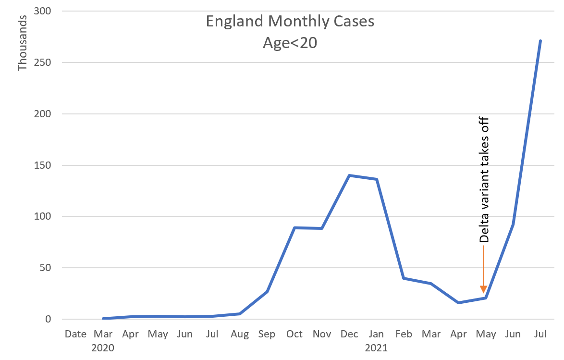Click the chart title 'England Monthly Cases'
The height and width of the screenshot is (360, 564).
(x=290, y=22)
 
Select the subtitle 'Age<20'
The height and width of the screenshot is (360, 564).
(x=290, y=43)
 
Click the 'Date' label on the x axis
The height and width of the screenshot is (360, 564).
(x=75, y=334)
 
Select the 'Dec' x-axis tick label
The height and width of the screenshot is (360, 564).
(x=349, y=334)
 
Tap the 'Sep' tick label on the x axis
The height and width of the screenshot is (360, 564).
(x=267, y=334)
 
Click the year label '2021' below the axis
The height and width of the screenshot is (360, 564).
(x=376, y=347)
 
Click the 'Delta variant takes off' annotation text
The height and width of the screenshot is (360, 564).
(x=484, y=179)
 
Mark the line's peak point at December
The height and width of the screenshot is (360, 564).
(x=349, y=175)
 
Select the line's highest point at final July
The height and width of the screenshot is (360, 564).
(x=540, y=41)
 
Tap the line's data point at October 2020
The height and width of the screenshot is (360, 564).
(x=294, y=228)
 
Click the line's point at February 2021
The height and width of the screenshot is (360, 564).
(x=404, y=278)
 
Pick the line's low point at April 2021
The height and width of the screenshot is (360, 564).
(x=458, y=303)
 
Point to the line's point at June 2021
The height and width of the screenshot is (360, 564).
(x=513, y=224)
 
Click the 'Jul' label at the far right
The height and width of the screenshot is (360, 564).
(x=540, y=334)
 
